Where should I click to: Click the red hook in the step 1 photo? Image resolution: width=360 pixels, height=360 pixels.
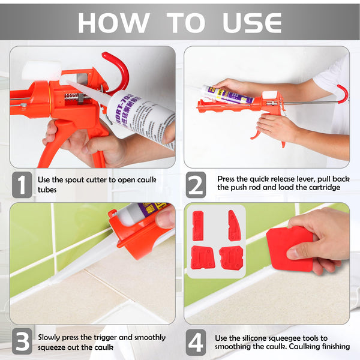click(x=118, y=67)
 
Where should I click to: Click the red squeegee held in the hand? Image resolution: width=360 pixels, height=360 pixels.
click(x=289, y=247)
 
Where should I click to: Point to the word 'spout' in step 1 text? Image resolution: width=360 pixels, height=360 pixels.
click(x=80, y=179)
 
